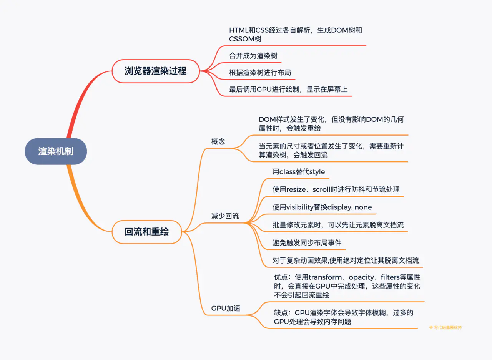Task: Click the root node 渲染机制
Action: tap(56, 151)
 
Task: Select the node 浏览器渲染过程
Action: tap(156, 71)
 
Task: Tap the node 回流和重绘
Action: tap(147, 232)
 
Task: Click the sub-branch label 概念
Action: tap(218, 141)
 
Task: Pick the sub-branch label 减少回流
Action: tap(225, 216)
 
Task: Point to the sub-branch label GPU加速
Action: tap(226, 308)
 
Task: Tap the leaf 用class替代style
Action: tap(299, 172)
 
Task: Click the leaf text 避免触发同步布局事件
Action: tap(307, 242)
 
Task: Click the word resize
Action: tap(297, 189)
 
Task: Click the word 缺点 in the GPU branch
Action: tap(280, 313)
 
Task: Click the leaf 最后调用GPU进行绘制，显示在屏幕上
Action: tap(288, 90)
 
